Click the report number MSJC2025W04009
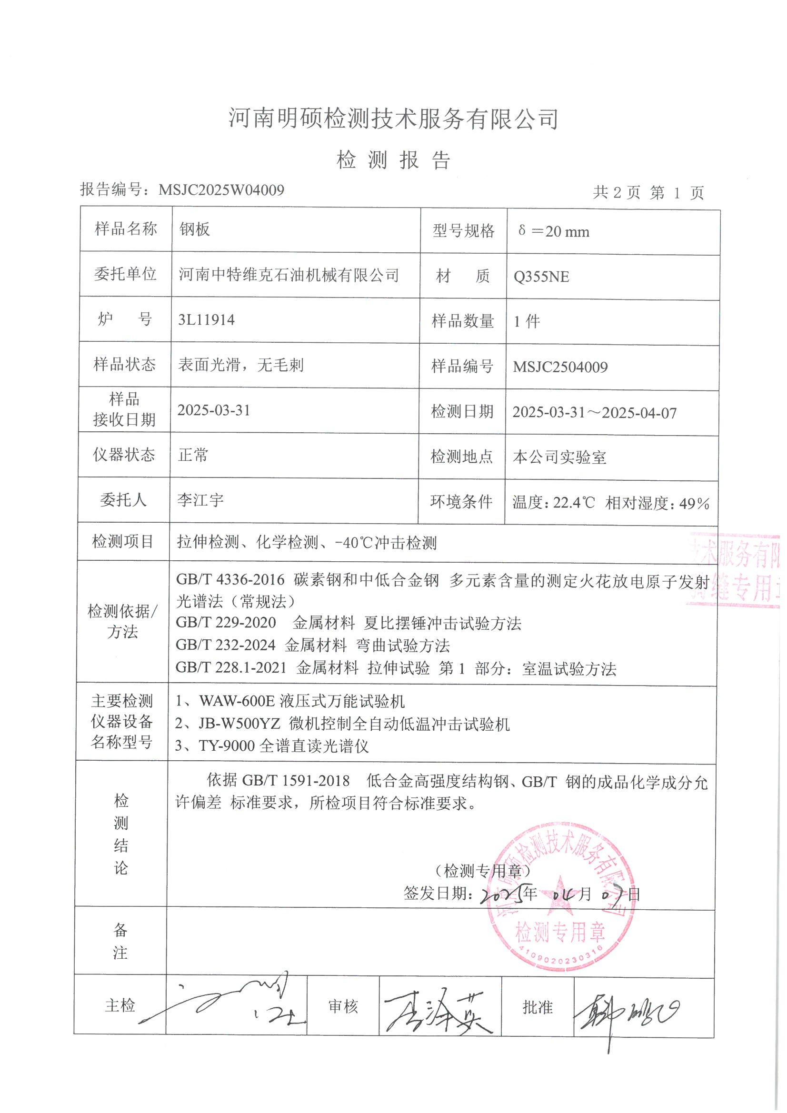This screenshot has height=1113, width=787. (x=221, y=189)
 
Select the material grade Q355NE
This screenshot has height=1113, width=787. (x=541, y=277)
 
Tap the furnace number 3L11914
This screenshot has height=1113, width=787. (x=206, y=320)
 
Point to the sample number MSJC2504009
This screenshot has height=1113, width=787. (x=560, y=367)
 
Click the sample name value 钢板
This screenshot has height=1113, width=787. (x=194, y=229)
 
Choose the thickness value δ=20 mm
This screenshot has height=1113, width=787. (x=553, y=231)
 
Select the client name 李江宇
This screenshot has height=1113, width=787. (x=200, y=500)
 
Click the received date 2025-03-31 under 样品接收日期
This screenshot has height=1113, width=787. (x=213, y=410)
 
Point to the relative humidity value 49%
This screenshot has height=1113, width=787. (x=694, y=504)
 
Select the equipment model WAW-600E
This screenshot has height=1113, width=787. (x=237, y=701)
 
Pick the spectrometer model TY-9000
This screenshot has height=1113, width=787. (x=227, y=745)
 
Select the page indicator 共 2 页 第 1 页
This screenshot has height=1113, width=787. (x=648, y=192)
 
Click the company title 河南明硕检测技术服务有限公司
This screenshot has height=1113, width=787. (x=393, y=118)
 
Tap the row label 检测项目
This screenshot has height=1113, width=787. (x=123, y=541)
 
